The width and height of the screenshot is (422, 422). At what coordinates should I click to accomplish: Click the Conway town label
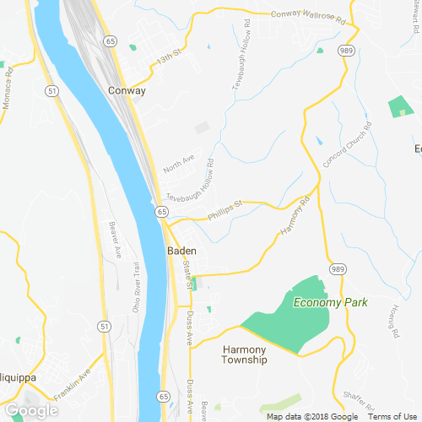[x=127, y=90]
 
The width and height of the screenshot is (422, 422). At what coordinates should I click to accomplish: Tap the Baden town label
[x=181, y=252]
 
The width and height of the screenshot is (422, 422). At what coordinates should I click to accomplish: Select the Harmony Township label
[x=245, y=354]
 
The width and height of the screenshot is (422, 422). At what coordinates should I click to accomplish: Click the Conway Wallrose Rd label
[x=310, y=15]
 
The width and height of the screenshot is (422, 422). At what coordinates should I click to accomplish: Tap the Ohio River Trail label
[x=137, y=288]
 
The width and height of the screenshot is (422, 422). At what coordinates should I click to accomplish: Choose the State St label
[x=187, y=271]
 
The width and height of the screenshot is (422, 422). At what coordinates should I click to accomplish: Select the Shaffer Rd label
[x=357, y=397]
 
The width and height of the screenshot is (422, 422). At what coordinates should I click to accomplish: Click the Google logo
[x=31, y=410]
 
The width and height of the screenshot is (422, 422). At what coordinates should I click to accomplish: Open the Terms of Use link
[x=392, y=417]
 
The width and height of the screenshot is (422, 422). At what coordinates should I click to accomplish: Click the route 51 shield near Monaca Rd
[x=51, y=90]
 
